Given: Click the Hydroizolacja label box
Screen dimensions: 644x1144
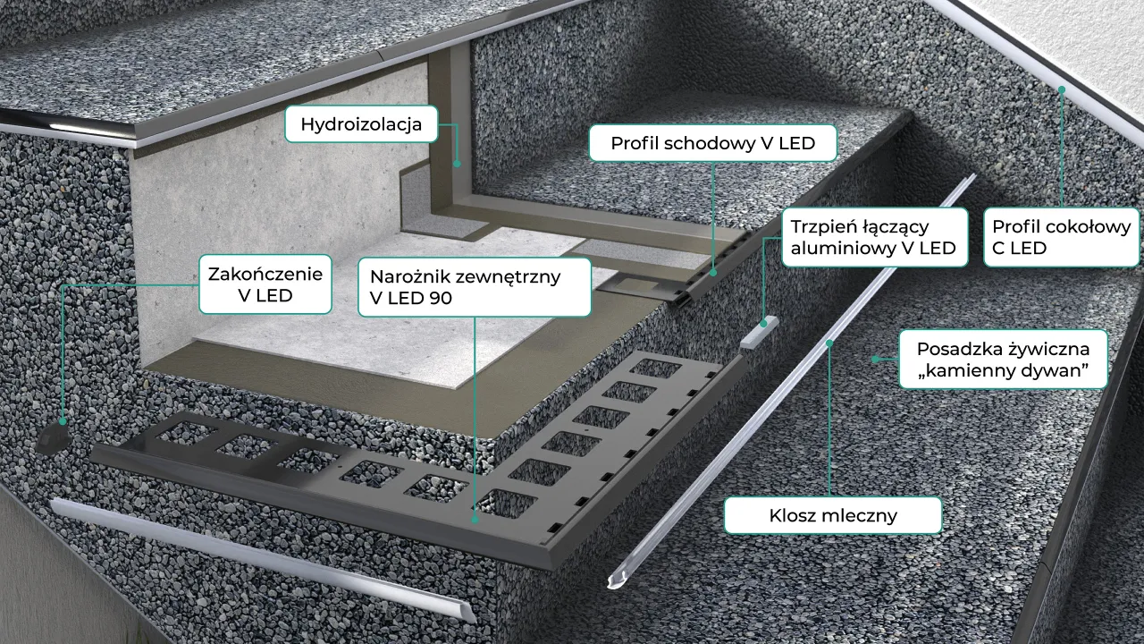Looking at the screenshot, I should coord(361,124).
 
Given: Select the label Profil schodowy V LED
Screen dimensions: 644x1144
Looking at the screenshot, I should coord(712,142).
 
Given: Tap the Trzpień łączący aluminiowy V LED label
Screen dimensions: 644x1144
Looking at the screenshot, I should coord(873,237).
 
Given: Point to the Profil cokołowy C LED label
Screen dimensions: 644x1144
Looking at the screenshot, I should coord(1061,237).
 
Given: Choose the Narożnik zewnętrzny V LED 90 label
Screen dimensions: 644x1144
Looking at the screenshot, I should coord(475,287).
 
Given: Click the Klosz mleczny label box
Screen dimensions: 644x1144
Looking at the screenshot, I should coord(832,515).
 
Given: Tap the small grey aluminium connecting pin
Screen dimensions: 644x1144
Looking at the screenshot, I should coord(761,334).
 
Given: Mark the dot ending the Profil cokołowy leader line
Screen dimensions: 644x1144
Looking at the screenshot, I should coord(1061,89).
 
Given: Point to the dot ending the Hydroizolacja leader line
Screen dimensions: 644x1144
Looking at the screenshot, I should coord(457,164).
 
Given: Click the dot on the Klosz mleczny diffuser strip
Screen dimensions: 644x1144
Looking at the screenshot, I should coord(830,342).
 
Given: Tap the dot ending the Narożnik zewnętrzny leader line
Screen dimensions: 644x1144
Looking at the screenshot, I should coord(475,517).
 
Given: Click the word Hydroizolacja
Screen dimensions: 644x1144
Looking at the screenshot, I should coord(361,124).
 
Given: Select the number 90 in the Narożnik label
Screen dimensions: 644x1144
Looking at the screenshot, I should coord(440,299).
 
